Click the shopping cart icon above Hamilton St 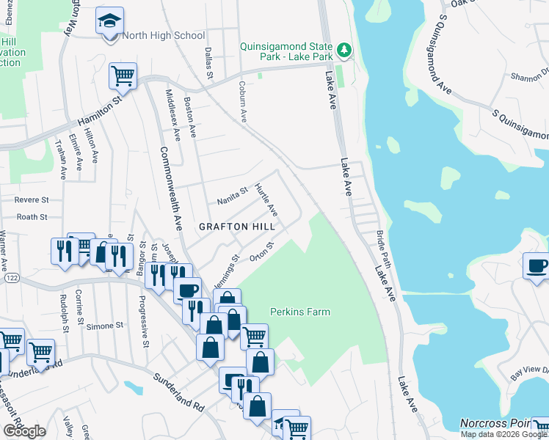[x=123, y=75]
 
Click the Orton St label [x=261, y=253]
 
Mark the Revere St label [x=32, y=199]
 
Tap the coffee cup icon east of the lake [x=537, y=265]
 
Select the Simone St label [x=104, y=325]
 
